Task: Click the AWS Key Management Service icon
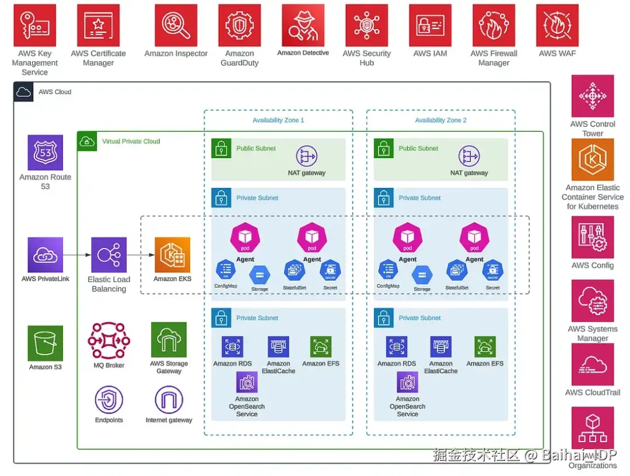34,26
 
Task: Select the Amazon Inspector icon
176,26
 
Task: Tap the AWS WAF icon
557,26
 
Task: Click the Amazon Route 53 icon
45,153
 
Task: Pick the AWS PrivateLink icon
45,255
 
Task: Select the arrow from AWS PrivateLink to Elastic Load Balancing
76,255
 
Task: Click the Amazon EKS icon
172,255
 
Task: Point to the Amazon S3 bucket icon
45,344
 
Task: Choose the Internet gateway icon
169,400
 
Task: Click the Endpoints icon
109,400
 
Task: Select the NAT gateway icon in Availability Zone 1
306,156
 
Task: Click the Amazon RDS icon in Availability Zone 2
397,346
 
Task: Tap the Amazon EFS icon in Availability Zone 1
321,346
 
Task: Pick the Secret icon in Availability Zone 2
492,270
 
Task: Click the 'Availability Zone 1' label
278,120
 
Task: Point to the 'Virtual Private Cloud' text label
131,141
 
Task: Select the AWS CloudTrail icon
593,365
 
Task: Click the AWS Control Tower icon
593,96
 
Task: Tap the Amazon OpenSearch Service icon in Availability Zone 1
247,382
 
